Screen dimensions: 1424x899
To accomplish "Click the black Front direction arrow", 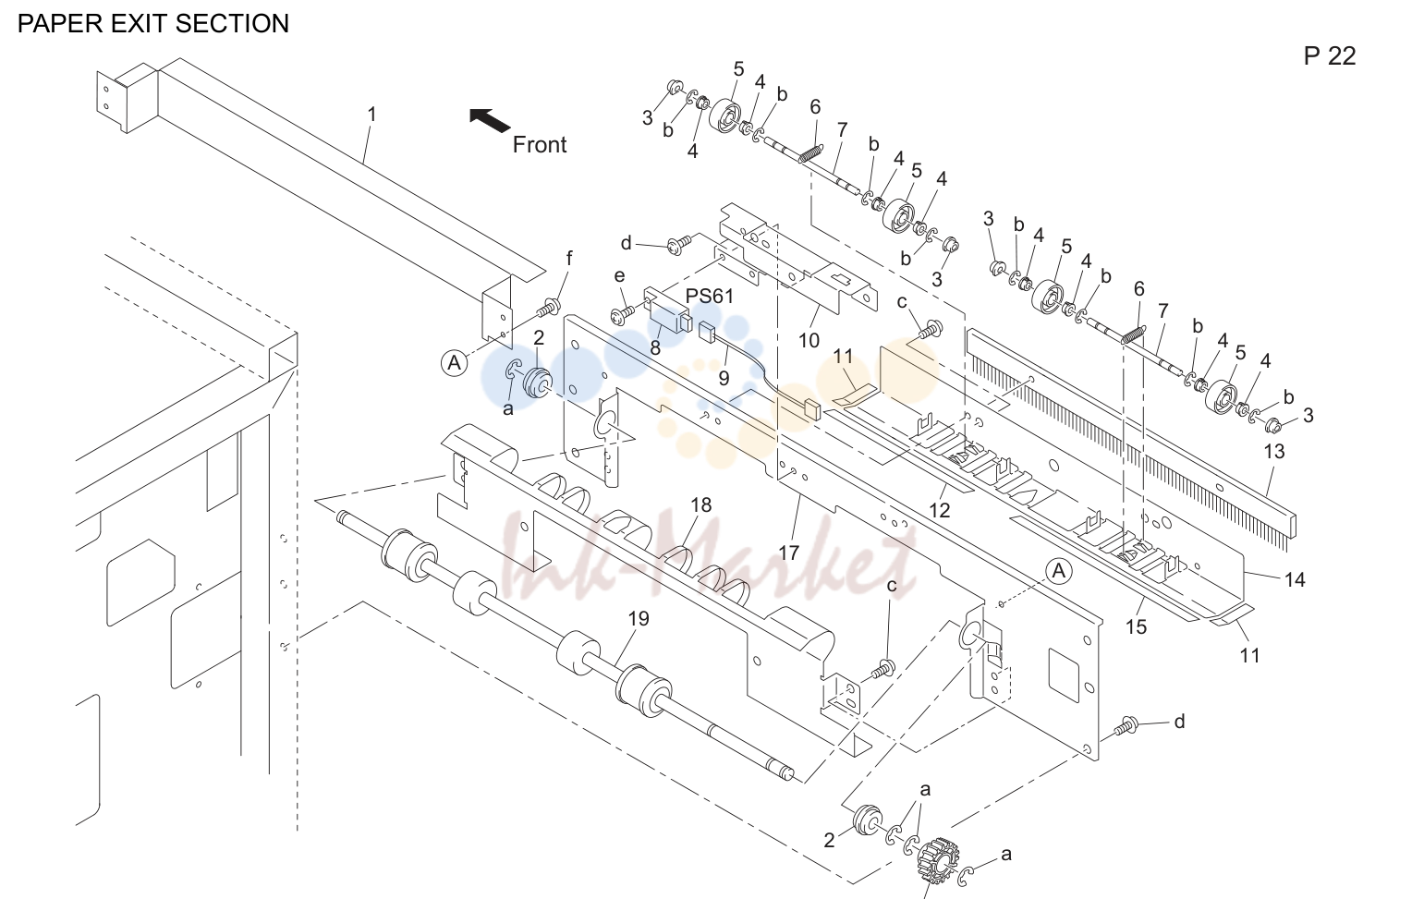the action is tap(489, 120).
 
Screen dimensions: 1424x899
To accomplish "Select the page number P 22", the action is tap(1329, 56).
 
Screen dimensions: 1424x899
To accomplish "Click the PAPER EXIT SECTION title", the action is tap(152, 23).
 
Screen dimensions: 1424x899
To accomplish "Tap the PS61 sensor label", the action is tap(710, 297).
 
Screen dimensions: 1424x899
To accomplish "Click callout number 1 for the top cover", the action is tap(371, 115).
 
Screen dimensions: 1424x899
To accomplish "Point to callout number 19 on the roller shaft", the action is tap(639, 618).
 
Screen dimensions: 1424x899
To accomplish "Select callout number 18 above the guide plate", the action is tap(700, 504).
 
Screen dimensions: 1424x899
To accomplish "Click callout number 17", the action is tap(788, 553).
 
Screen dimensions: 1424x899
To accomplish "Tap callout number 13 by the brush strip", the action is tap(1274, 452).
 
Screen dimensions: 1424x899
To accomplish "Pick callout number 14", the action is tap(1295, 580).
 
